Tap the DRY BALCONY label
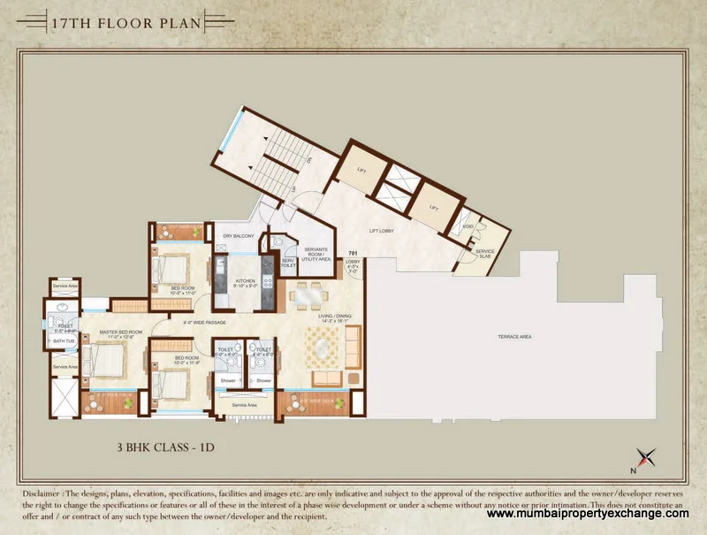[x=239, y=236]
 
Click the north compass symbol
[x=650, y=457]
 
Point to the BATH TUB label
[x=64, y=340]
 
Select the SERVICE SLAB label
[x=484, y=253]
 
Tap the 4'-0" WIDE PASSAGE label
[x=205, y=322]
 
